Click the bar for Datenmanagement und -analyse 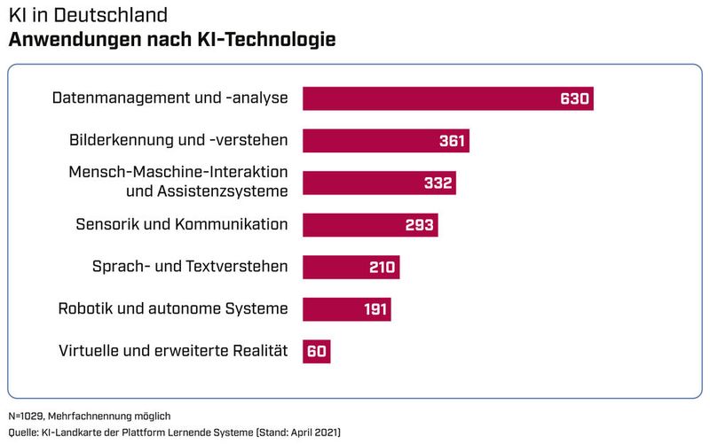426,98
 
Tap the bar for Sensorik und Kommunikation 355,225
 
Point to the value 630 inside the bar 574,98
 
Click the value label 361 453,141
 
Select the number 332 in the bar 438,183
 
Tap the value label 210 383,268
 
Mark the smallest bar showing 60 317,352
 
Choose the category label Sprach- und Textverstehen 190,267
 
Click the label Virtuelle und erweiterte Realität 173,351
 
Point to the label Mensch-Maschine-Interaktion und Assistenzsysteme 178,182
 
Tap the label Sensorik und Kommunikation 182,224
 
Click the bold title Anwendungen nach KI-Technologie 171,41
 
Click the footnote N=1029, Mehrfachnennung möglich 89,416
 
